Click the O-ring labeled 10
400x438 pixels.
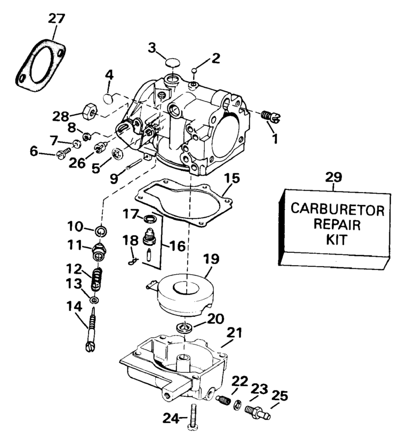[99, 232]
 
